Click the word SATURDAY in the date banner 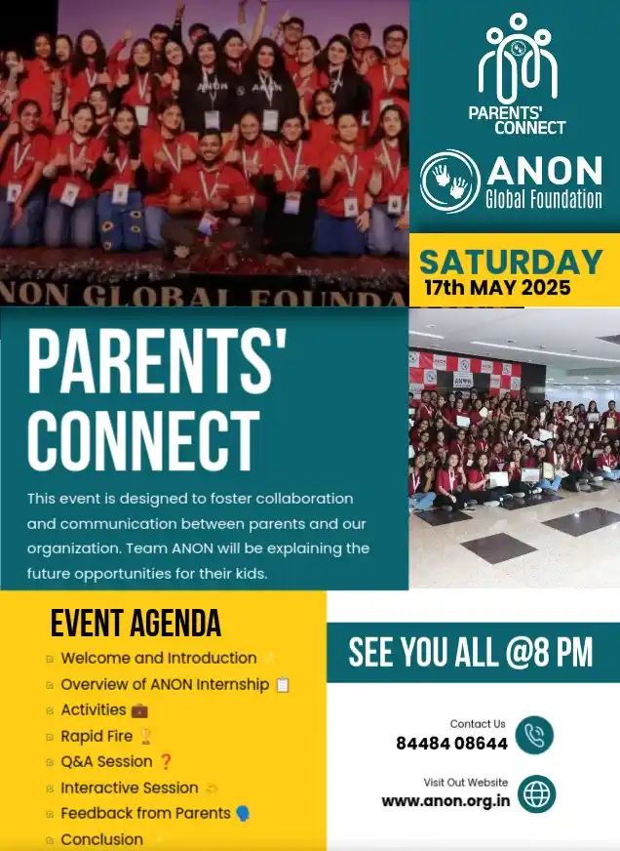pos(511,262)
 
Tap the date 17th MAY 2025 pos(497,288)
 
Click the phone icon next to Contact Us pos(534,735)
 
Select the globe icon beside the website pos(536,793)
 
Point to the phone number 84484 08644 pos(451,743)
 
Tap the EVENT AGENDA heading pos(136,624)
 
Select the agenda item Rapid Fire pos(97,736)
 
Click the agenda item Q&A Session pos(106,761)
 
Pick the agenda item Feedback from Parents pos(145,813)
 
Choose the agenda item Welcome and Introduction pos(158,658)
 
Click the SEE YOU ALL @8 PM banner pos(471,653)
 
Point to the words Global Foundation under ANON pos(543,200)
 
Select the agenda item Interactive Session pos(129,788)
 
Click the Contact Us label pos(478,724)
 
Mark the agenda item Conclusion pos(101,839)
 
